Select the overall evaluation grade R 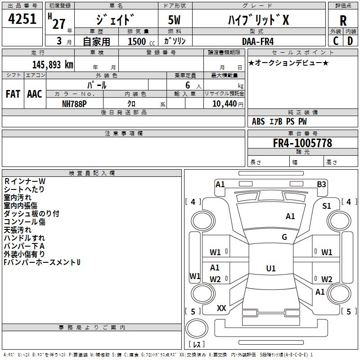pyautogui.click(x=343, y=21)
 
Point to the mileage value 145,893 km pyautogui.click(x=53, y=64)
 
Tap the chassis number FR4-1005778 pyautogui.click(x=302, y=143)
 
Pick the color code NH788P pyautogui.click(x=75, y=103)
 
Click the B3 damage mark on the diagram pyautogui.click(x=321, y=184)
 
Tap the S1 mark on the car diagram pyautogui.click(x=327, y=206)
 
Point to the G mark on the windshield pyautogui.click(x=284, y=237)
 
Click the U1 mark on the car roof pyautogui.click(x=270, y=269)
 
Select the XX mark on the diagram pyautogui.click(x=221, y=308)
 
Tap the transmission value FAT pyautogui.click(x=13, y=94)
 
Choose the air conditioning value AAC pyautogui.click(x=34, y=94)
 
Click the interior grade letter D pyautogui.click(x=350, y=41)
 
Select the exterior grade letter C pyautogui.click(x=336, y=41)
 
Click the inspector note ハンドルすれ pyautogui.click(x=24, y=238)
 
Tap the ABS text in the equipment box pyautogui.click(x=258, y=121)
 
